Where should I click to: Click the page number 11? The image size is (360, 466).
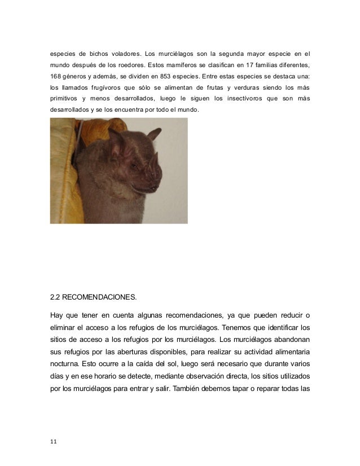tap(54, 442)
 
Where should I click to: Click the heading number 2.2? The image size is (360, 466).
tap(56, 293)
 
